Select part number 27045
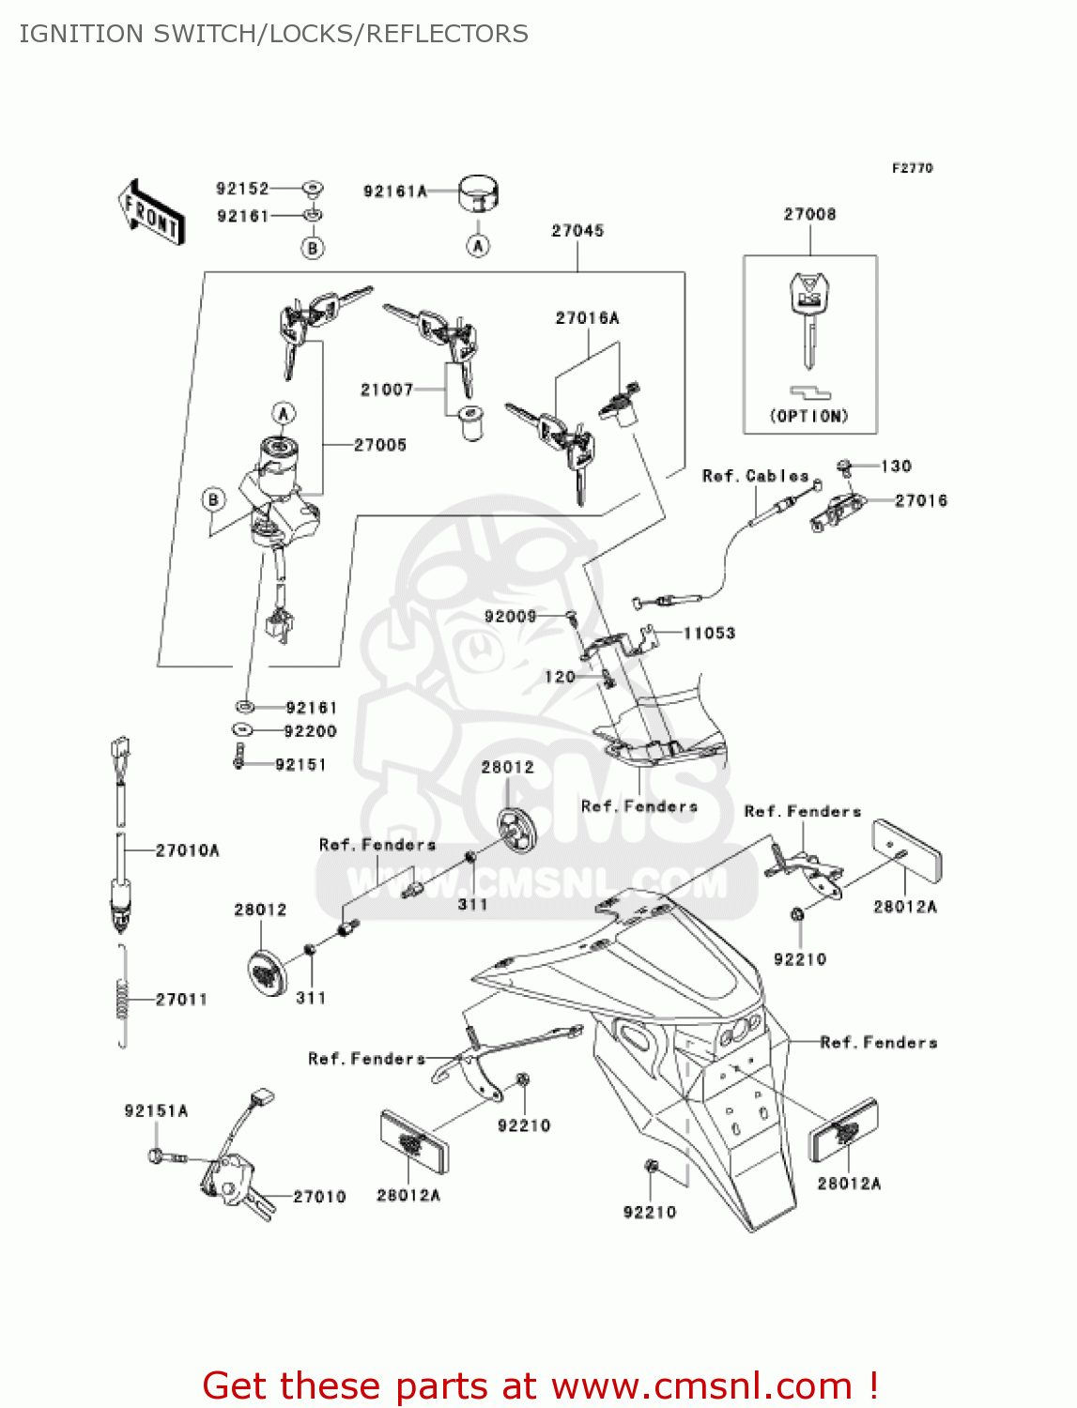click(577, 231)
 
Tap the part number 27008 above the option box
click(809, 215)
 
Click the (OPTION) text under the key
click(808, 416)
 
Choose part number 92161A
click(395, 191)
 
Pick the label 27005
click(380, 445)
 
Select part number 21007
click(387, 390)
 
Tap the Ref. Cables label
click(755, 477)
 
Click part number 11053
click(709, 634)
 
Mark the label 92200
click(310, 731)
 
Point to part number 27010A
click(187, 850)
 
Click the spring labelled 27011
click(122, 998)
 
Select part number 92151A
click(156, 1111)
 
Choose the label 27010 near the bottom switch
click(319, 1197)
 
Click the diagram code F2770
click(912, 168)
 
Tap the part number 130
click(896, 467)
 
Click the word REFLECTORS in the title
click(447, 34)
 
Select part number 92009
click(510, 617)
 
